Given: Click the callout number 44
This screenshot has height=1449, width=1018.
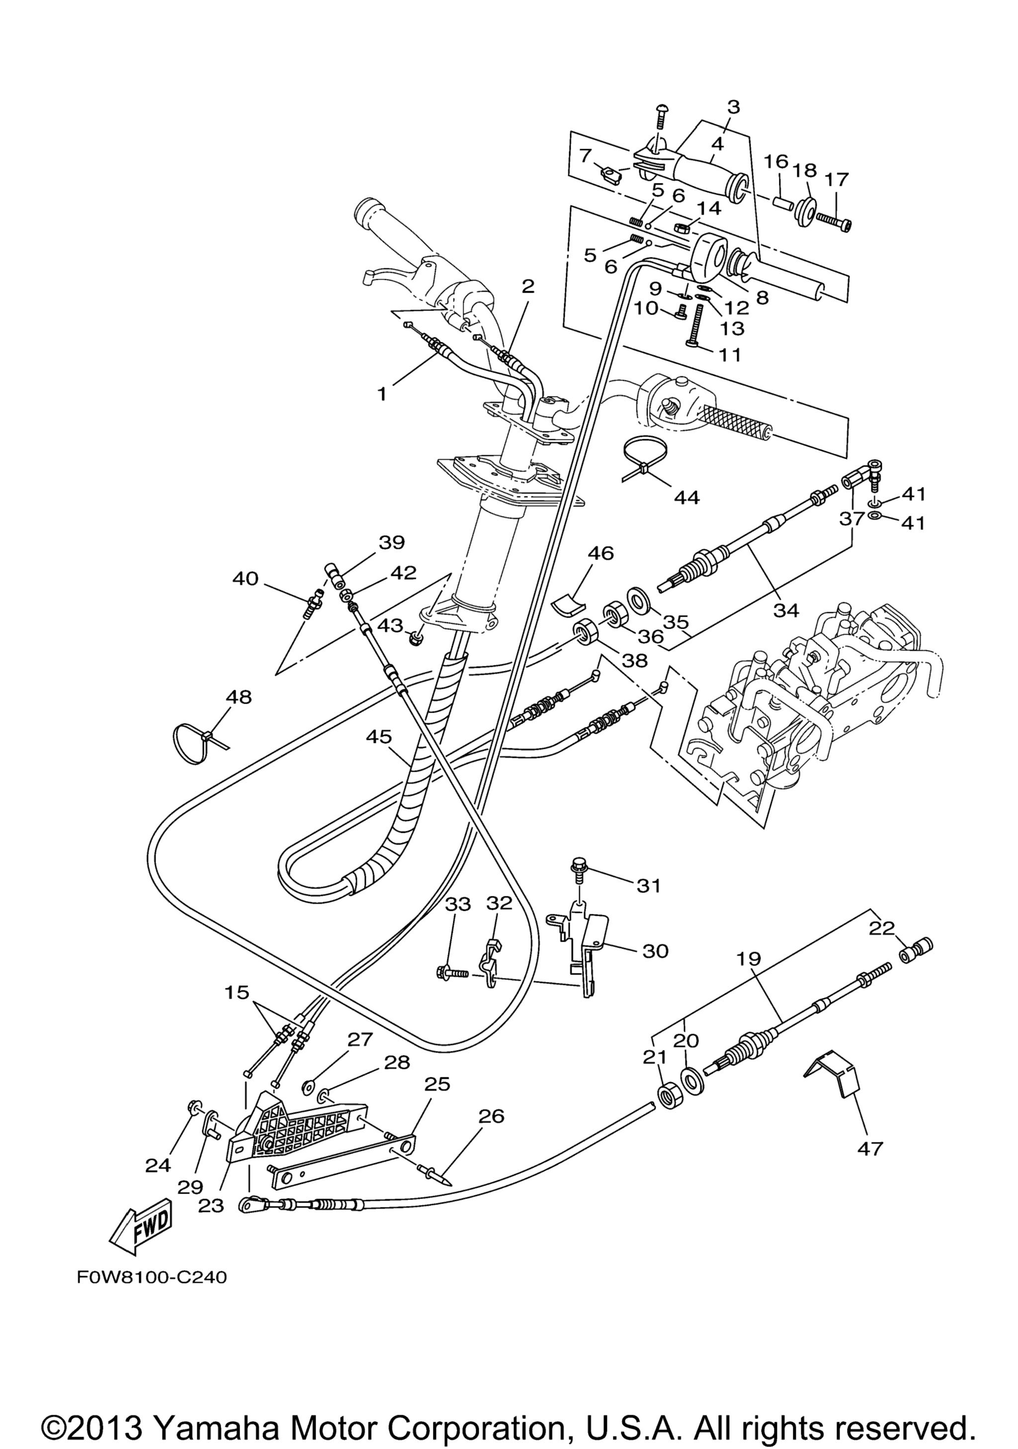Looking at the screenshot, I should (686, 498).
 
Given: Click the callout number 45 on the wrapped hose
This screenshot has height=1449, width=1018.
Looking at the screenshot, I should (377, 736).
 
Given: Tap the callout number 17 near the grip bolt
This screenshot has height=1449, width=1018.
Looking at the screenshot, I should (837, 180).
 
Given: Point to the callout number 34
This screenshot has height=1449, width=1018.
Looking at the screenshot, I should (786, 610).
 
